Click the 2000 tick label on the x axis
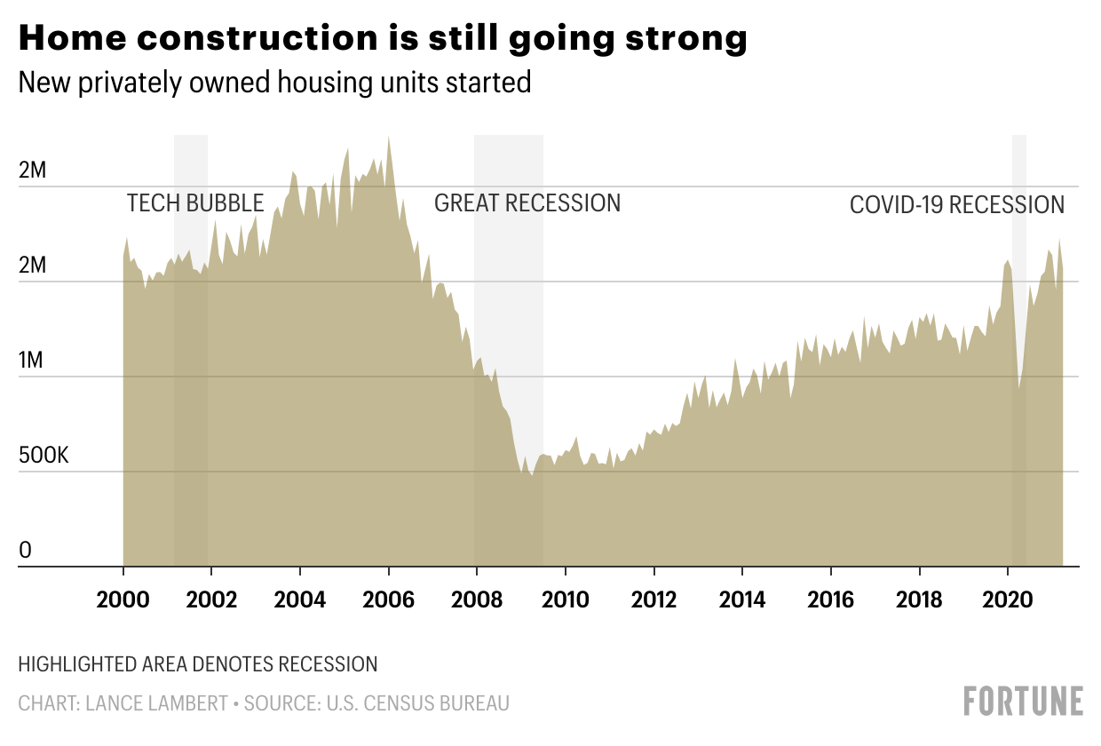click(123, 599)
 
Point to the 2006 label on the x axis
click(389, 599)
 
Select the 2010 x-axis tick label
click(566, 599)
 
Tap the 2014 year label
click(742, 599)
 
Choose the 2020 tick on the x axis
click(1008, 599)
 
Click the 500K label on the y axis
click(44, 456)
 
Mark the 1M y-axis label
click(32, 361)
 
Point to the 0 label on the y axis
click(25, 551)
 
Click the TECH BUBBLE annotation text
click(195, 203)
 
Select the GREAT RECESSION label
click(527, 203)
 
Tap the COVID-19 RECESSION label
click(956, 205)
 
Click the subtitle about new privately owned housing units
click(274, 83)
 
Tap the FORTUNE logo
click(1023, 702)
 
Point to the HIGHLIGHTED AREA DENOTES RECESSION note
click(197, 664)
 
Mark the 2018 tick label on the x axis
click(919, 599)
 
